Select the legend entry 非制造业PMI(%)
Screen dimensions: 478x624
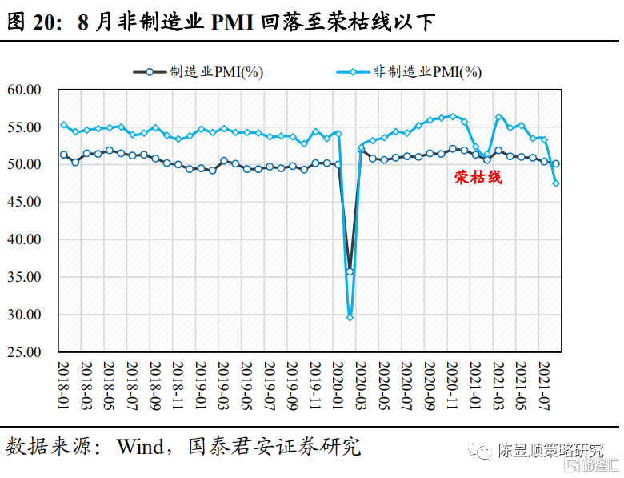pyautogui.click(x=427, y=72)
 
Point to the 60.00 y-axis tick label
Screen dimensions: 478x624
pyautogui.click(x=24, y=90)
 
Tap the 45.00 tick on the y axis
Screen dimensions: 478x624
pyautogui.click(x=24, y=202)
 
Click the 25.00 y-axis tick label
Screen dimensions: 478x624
pyautogui.click(x=24, y=351)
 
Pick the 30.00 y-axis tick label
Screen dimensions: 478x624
pyautogui.click(x=24, y=314)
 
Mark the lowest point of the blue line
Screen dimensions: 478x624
pyautogui.click(x=350, y=318)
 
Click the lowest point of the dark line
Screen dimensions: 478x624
pyautogui.click(x=350, y=271)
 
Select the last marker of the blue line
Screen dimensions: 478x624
pyautogui.click(x=555, y=183)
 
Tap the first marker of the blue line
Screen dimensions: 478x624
pyautogui.click(x=64, y=124)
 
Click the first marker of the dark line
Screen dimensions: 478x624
pyautogui.click(x=64, y=155)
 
